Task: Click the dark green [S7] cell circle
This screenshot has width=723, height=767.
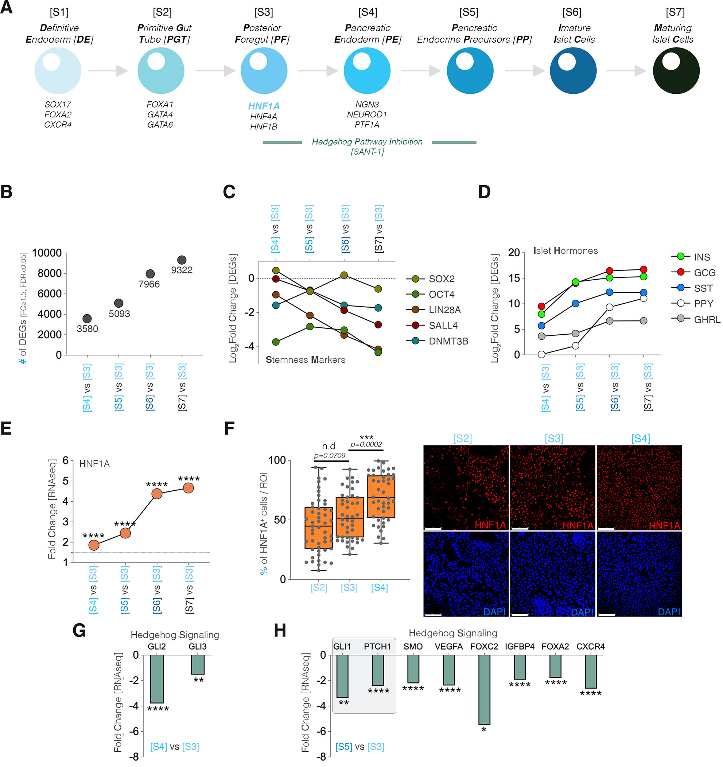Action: tap(676, 71)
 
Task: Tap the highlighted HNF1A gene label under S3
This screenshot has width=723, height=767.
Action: tap(264, 106)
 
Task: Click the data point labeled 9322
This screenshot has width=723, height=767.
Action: tap(182, 260)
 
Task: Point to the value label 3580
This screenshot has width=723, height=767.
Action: tap(87, 329)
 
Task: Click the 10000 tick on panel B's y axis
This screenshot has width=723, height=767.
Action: tap(47, 253)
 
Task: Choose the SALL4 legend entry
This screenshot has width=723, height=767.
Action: tap(443, 326)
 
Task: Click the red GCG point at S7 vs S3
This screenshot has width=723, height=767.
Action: tap(644, 270)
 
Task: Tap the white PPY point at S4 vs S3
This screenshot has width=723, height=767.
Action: tap(542, 355)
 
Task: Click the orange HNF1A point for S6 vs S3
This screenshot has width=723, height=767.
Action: tap(157, 494)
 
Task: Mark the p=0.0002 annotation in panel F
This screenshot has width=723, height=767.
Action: tap(366, 444)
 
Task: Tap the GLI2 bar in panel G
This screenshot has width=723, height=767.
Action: tap(157, 679)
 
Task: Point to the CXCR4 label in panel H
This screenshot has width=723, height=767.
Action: tap(590, 647)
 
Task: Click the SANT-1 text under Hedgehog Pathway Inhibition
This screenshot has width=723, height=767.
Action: tap(367, 152)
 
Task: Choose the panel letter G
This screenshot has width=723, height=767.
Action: tap(79, 631)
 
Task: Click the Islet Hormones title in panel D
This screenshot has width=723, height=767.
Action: tap(565, 251)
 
